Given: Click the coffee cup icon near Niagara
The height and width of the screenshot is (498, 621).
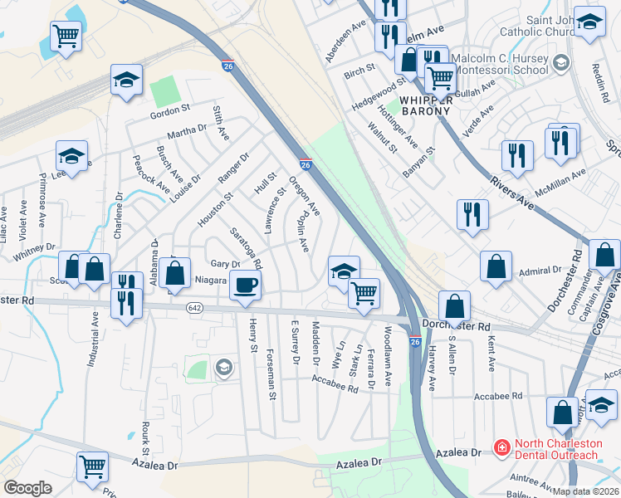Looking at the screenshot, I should point(245,286).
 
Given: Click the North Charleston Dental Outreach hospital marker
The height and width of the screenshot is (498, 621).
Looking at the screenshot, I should point(501,449).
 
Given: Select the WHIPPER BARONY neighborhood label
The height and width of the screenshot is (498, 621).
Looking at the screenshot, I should point(425,105).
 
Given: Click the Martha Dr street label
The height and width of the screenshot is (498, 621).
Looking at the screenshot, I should point(187,131).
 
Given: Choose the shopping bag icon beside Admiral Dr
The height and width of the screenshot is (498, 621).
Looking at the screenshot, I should point(496,267).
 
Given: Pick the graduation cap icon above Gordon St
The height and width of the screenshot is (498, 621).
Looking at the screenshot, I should point(125,80).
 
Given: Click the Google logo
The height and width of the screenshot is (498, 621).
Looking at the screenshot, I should point(27,488).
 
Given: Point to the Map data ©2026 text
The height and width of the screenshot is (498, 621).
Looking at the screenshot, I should point(586,491).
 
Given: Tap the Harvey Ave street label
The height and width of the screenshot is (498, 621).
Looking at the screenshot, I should point(431,365).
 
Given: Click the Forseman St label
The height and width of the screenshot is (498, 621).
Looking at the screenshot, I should point(271,373).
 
